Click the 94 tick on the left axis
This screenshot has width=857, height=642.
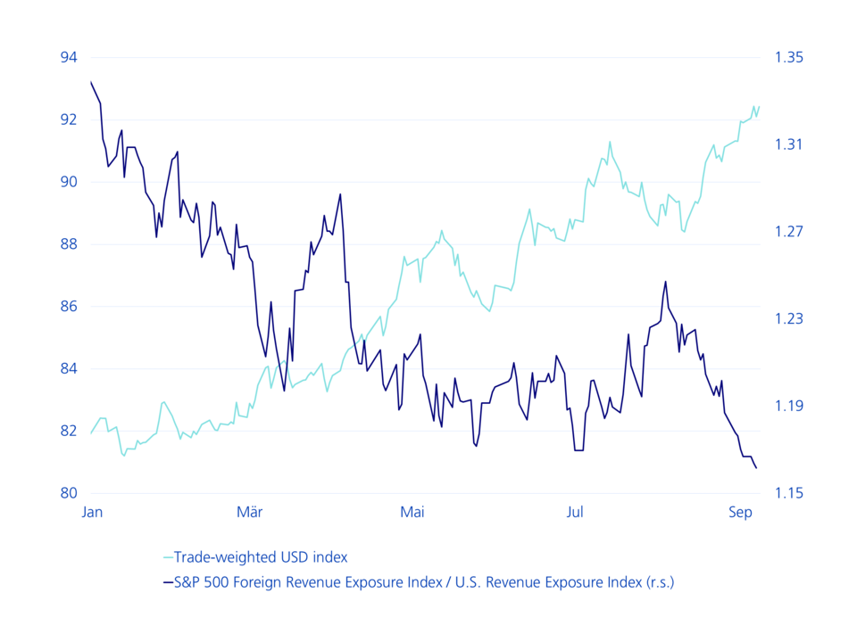pyautogui.click(x=70, y=58)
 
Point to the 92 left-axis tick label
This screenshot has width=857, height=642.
pyautogui.click(x=70, y=119)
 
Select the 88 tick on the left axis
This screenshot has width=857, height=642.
pyautogui.click(x=70, y=244)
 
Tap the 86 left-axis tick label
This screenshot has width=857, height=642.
pyautogui.click(x=70, y=307)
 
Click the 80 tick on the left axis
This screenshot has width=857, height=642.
pyautogui.click(x=70, y=493)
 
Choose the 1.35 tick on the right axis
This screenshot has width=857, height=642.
pyautogui.click(x=789, y=58)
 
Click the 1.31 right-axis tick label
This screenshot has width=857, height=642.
pyautogui.click(x=789, y=144)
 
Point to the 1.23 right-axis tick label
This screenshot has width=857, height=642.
pyautogui.click(x=789, y=319)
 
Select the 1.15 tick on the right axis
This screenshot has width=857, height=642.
pyautogui.click(x=789, y=493)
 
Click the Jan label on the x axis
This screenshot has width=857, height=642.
pyautogui.click(x=92, y=512)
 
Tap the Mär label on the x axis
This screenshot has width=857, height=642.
pyautogui.click(x=249, y=512)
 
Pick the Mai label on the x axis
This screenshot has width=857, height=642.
pyautogui.click(x=412, y=512)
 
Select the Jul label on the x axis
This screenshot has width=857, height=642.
pyautogui.click(x=575, y=512)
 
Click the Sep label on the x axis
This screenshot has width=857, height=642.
pyautogui.click(x=740, y=512)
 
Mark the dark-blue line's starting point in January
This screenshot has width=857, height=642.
pyautogui.click(x=91, y=82)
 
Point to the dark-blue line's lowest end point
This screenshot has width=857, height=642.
pyautogui.click(x=757, y=468)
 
